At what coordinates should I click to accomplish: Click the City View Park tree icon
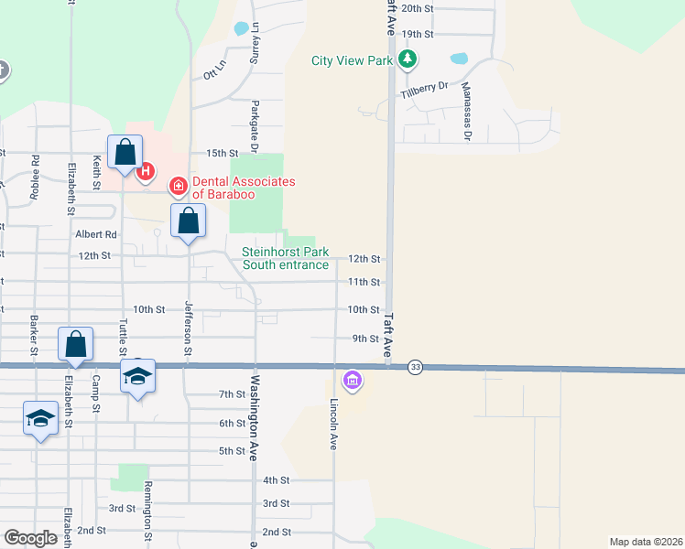pos(408,61)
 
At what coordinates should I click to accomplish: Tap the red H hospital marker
pos(144,171)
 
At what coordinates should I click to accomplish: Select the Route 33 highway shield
pos(416,367)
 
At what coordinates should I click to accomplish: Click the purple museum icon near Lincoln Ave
pos(352,380)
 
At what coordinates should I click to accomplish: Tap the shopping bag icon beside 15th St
pos(125,152)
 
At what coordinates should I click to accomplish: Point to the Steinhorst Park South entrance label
pos(285,258)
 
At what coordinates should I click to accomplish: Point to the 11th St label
pos(364,283)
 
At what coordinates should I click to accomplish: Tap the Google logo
pos(31,538)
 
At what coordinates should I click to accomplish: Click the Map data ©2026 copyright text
pos(646,541)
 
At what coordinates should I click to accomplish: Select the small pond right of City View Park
pos(458,59)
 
